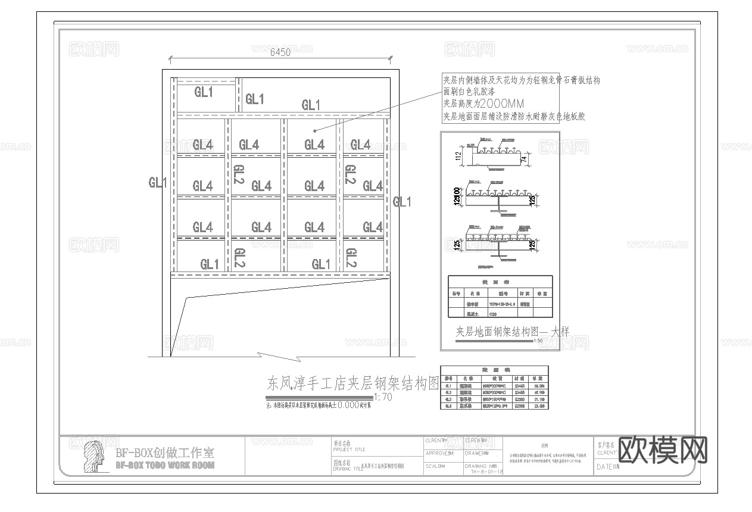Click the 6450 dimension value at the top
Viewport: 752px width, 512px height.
click(280, 52)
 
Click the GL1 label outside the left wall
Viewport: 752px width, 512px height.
click(158, 183)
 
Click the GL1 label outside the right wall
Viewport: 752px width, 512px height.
click(402, 202)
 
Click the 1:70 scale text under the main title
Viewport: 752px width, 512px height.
click(383, 398)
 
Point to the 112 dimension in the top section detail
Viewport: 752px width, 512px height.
click(458, 157)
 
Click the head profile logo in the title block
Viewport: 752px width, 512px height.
click(94, 457)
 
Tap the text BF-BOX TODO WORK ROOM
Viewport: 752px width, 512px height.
click(164, 465)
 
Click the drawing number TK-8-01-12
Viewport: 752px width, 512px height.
click(486, 472)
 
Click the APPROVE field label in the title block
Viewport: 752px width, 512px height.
click(439, 453)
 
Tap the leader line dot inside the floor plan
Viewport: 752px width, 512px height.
click(314, 129)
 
